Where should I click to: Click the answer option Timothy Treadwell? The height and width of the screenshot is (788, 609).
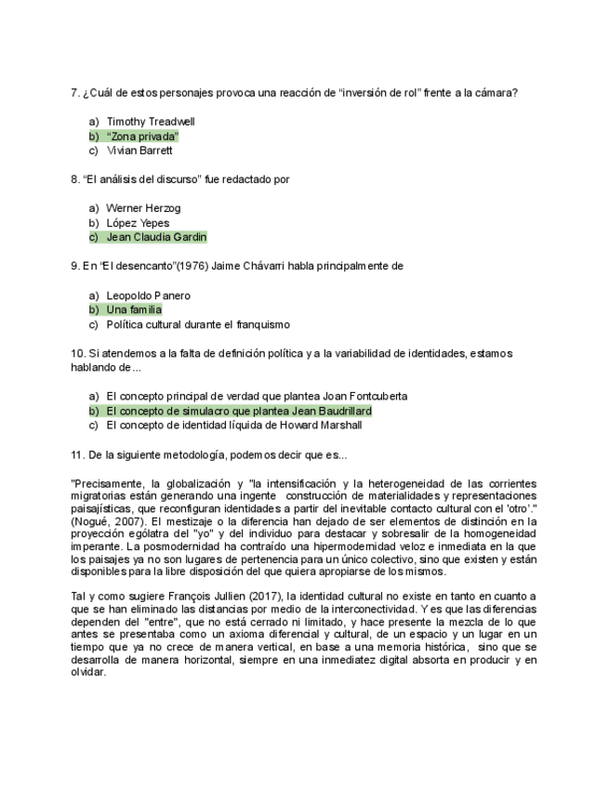(151, 122)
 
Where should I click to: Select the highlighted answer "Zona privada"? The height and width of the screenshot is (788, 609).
(142, 137)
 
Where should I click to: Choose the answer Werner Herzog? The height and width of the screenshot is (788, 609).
(143, 208)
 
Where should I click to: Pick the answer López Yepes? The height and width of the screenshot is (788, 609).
(138, 223)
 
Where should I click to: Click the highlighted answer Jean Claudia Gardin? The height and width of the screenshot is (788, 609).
(156, 237)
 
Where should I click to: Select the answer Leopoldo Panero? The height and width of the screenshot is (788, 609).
(148, 295)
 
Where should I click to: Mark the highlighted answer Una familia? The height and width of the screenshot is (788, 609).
(134, 309)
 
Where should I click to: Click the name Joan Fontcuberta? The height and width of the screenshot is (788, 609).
(363, 396)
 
